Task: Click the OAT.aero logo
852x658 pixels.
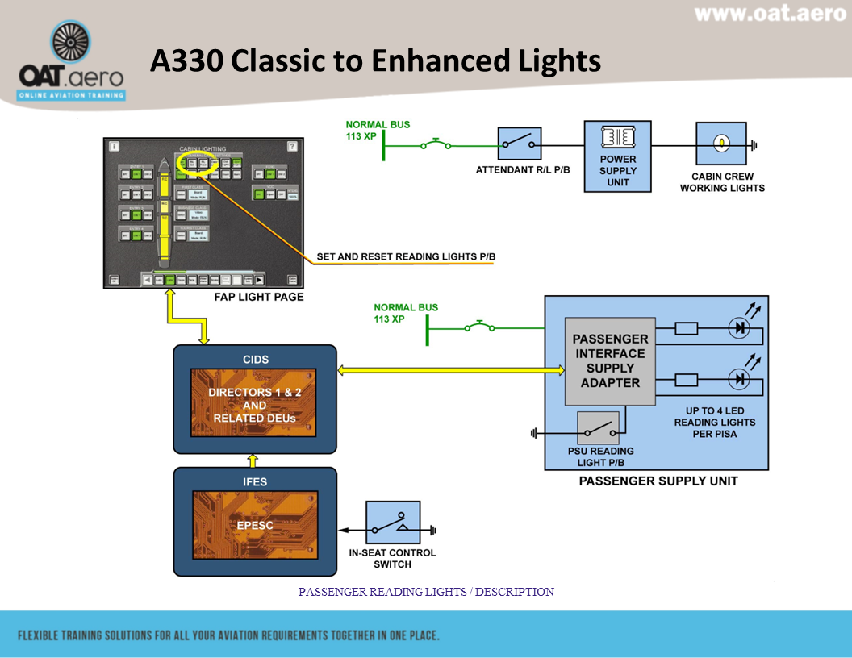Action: coord(71,63)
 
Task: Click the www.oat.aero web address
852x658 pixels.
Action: coord(770,14)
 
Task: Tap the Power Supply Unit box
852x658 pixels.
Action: coord(617,156)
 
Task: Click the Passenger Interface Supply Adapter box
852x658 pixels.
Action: coord(610,360)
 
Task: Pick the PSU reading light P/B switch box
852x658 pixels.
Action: coord(599,428)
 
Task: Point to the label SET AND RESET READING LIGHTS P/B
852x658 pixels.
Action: coord(406,257)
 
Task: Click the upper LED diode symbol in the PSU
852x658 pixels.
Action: coord(738,329)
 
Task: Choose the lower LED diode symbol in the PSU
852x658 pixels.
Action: coord(738,378)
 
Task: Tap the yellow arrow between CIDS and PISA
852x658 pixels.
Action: coord(452,369)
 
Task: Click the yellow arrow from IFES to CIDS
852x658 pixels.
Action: coord(253,460)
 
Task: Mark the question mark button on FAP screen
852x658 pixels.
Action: coord(291,147)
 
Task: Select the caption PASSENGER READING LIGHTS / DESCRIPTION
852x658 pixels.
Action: coord(426,592)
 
